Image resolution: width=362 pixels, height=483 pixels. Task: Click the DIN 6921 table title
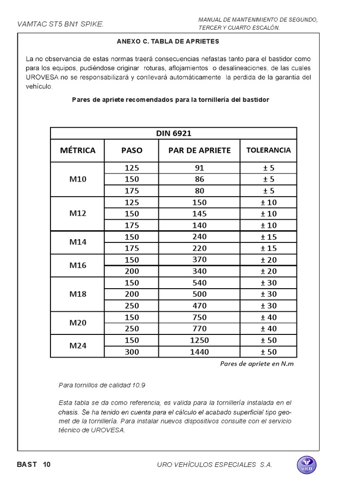coord(173,133)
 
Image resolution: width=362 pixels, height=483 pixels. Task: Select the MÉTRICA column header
coord(78,150)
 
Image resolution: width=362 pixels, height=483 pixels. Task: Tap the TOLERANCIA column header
coord(268,150)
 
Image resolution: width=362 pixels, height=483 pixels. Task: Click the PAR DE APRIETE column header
coord(199,150)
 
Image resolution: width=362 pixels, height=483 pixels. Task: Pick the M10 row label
coord(78,179)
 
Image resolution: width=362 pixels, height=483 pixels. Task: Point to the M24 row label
coord(78,346)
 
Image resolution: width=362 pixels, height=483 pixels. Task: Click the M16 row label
coord(78,265)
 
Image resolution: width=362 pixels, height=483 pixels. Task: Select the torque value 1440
coord(199,351)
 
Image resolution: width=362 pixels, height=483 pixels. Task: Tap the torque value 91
coord(199,168)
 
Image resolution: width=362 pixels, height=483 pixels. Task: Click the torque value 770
coord(199,329)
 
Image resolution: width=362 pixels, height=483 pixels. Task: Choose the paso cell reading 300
coord(132,351)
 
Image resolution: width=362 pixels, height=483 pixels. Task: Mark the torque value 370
coord(199,259)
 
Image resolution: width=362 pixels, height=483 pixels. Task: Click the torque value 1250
coord(199,340)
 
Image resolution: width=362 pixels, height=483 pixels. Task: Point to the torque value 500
coord(199,294)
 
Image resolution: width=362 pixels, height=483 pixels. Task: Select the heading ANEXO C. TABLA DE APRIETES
coord(168,42)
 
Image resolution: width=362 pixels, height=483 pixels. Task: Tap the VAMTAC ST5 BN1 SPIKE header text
coord(60,24)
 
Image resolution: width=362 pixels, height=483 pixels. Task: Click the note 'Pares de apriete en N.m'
coord(260,364)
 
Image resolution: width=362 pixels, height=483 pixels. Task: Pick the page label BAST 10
coord(33,465)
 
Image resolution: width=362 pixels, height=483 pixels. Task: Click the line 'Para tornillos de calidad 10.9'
coord(102,385)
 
